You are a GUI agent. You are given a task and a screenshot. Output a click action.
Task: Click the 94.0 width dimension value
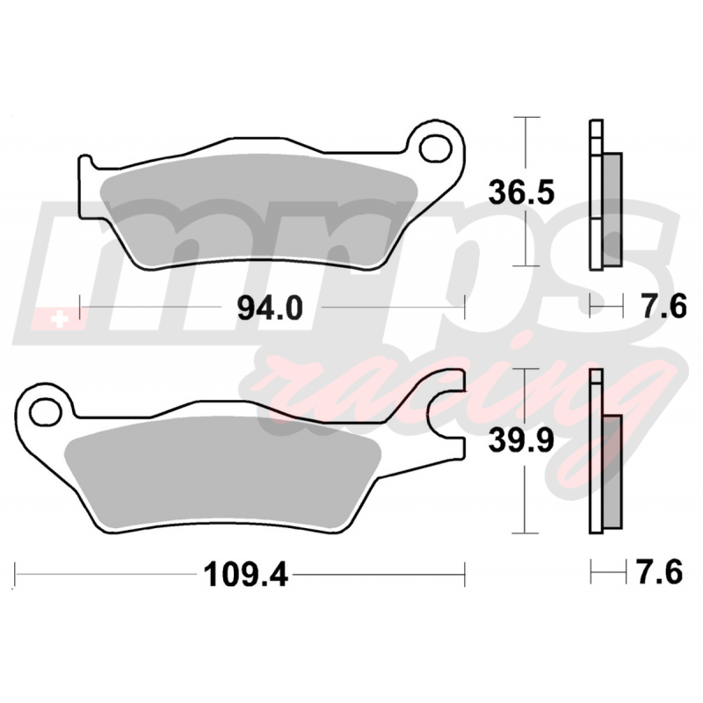(x=270, y=308)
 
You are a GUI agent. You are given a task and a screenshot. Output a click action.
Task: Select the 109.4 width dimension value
(x=245, y=575)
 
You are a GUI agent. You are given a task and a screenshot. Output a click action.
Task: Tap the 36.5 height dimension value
(x=521, y=192)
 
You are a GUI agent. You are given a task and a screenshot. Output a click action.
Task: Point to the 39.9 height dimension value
(x=521, y=440)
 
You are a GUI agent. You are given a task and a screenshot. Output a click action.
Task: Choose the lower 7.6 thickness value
(x=660, y=572)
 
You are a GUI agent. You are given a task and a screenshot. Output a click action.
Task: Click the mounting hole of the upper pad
(x=435, y=148)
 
